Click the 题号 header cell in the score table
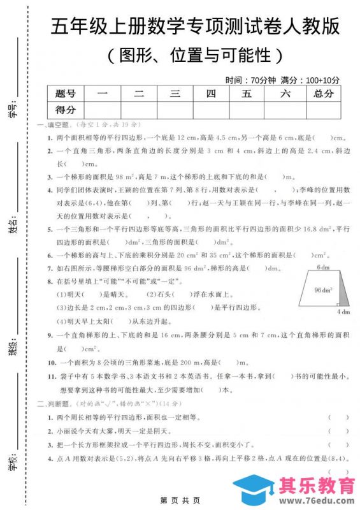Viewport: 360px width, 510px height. pos(66,94)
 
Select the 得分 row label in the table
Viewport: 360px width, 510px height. pos(66,110)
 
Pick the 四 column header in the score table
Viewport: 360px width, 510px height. pos(211,94)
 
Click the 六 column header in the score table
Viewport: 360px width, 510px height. pos(285,94)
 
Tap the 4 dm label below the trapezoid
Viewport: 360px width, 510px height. pos(343,312)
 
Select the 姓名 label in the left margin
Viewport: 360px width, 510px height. pos(13,227)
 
